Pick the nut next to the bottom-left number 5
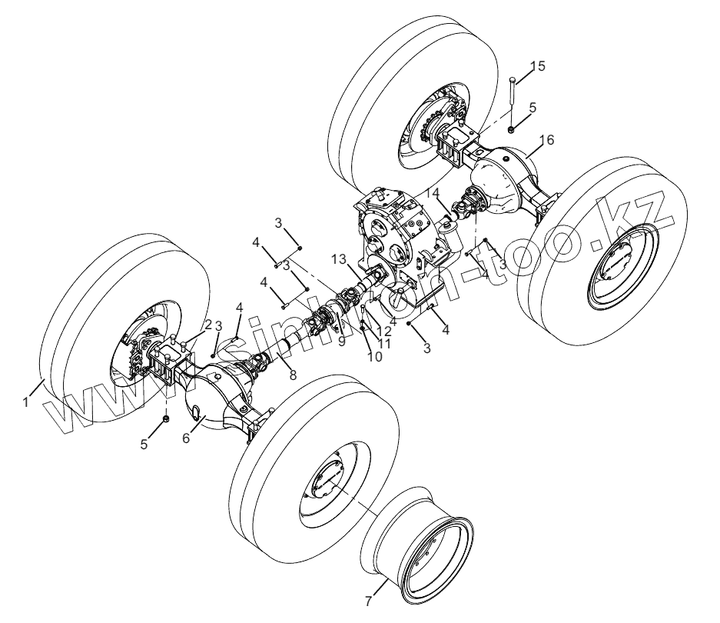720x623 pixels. coord(165,418)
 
